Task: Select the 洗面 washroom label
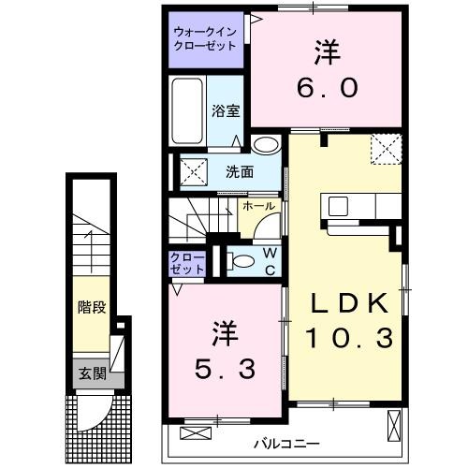coord(239,171)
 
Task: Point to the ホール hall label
coord(258,205)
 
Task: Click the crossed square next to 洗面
coord(193,171)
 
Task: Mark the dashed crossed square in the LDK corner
coord(384,147)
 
